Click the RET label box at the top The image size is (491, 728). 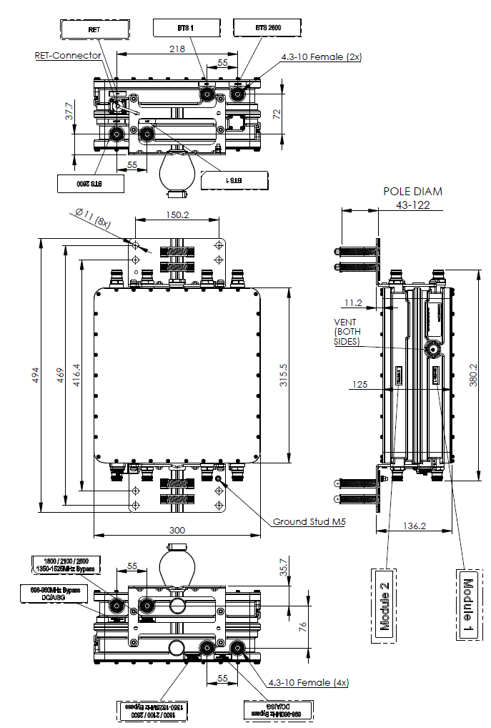(x=95, y=29)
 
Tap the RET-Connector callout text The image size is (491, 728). (x=68, y=55)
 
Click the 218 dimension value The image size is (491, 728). (x=177, y=49)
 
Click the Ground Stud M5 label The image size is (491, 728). (x=309, y=522)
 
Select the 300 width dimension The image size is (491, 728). (x=177, y=530)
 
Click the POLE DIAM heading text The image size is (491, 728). (x=413, y=191)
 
